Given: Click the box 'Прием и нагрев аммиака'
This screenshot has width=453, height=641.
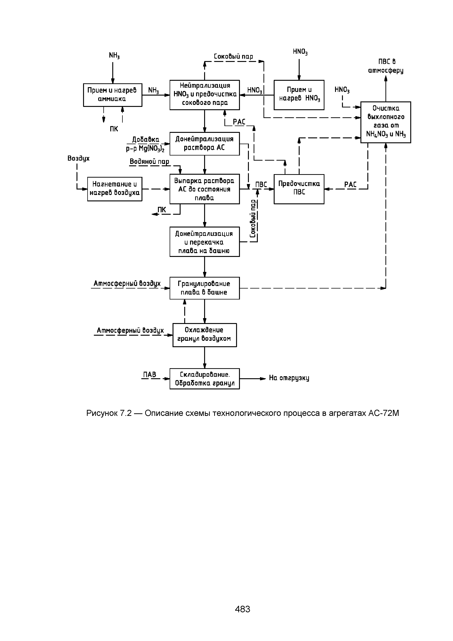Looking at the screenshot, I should pos(113,95).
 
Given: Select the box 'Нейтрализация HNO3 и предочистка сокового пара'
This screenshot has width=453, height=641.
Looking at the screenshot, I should pos(204,95).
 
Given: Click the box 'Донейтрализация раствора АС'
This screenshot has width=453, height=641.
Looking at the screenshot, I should pos(204,143).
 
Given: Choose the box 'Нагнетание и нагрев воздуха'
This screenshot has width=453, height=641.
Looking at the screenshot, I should pos(115,189).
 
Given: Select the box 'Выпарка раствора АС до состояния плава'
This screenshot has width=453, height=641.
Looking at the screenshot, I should pos(204,189).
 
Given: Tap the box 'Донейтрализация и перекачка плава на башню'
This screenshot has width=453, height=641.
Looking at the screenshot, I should pos(204,242).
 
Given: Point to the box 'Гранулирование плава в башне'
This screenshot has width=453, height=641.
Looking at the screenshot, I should pos(204,288).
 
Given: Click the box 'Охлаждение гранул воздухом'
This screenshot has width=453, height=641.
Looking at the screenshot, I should pos(204,335).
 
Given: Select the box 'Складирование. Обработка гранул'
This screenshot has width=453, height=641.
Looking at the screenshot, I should pos(204,379).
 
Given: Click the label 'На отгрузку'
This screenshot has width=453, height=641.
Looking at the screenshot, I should pos(289,378).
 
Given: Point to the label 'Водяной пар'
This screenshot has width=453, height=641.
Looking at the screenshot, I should pos(149,162).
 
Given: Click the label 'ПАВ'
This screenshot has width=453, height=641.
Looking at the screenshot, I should pos(150,375).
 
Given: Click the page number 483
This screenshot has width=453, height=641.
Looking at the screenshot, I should pos(242,609).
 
